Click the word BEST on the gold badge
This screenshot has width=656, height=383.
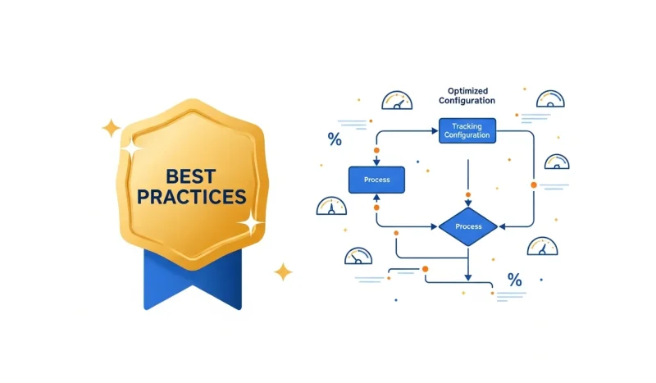click(192, 175)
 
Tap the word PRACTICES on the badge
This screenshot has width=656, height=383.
click(192, 198)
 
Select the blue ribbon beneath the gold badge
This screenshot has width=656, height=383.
click(193, 279)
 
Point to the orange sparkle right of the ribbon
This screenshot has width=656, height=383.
click(283, 271)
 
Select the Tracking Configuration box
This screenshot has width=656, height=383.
click(467, 130)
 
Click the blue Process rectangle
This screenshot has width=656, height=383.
click(376, 179)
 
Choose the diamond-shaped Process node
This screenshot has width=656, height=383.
click(468, 226)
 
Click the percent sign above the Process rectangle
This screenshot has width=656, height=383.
click(335, 139)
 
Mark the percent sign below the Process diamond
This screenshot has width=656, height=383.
click(514, 280)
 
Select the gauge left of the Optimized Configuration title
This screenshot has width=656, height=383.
click(397, 101)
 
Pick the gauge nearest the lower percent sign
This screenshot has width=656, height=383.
click(542, 246)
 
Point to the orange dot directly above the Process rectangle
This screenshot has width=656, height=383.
click(376, 151)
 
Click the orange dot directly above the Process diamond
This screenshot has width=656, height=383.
click(468, 195)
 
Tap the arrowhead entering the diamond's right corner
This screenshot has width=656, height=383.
click(502, 226)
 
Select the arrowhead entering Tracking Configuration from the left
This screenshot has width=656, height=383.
click(435, 130)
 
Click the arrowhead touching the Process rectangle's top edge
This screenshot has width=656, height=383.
click(376, 162)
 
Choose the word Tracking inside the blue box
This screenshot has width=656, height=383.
click(467, 125)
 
